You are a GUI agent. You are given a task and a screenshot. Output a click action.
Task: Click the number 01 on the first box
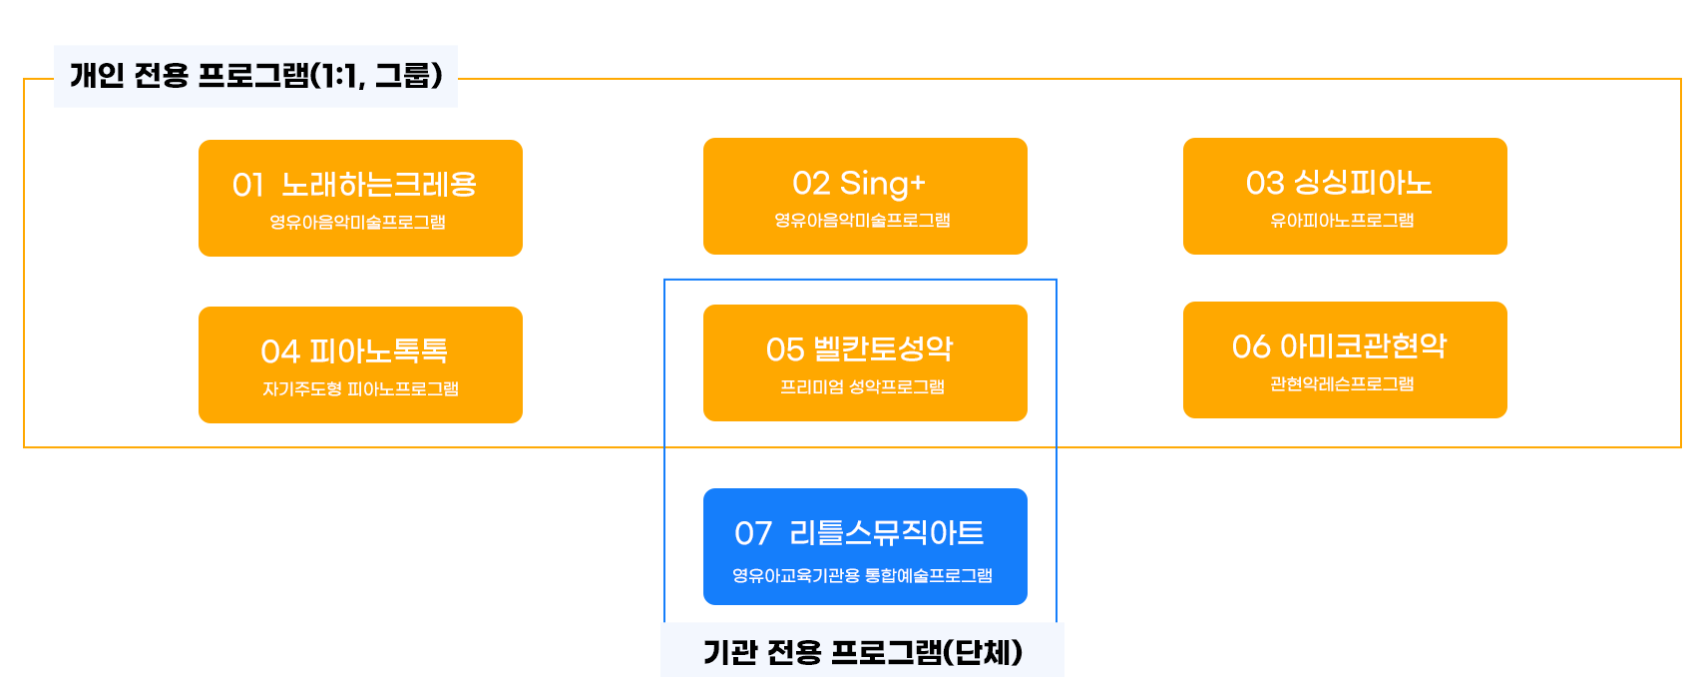pyautogui.click(x=248, y=186)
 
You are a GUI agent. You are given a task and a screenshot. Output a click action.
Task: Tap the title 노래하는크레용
pyautogui.click(x=379, y=185)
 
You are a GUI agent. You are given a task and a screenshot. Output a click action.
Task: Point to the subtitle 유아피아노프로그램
pyautogui.click(x=1342, y=221)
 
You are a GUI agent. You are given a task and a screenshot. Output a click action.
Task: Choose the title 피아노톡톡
pyautogui.click(x=379, y=351)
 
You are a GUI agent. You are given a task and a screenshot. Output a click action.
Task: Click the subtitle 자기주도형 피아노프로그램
pyautogui.click(x=360, y=389)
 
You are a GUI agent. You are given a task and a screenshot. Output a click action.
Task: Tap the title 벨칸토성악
pyautogui.click(x=883, y=348)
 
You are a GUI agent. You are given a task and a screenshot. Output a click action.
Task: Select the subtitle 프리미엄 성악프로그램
pyautogui.click(x=862, y=386)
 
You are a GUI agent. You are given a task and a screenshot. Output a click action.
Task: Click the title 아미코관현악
pyautogui.click(x=1363, y=345)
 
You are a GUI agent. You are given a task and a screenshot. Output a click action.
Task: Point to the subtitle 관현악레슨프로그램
pyautogui.click(x=1342, y=383)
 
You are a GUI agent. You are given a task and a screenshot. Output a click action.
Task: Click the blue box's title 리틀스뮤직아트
pyautogui.click(x=887, y=532)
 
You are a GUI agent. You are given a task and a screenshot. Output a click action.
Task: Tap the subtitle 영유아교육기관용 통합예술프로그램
pyautogui.click(x=862, y=575)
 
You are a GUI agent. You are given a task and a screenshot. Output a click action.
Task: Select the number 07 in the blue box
pyautogui.click(x=753, y=533)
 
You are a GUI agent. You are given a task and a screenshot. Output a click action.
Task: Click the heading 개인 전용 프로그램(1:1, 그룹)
pyautogui.click(x=255, y=75)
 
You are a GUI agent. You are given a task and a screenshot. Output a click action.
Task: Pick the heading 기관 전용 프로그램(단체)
pyautogui.click(x=863, y=652)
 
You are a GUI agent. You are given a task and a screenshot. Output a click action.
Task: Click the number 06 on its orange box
pyautogui.click(x=1251, y=347)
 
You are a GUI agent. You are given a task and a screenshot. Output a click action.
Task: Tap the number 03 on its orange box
pyautogui.click(x=1265, y=183)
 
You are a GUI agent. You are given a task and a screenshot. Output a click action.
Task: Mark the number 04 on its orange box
pyautogui.click(x=280, y=351)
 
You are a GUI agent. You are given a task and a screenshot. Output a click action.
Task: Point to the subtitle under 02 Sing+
pyautogui.click(x=862, y=221)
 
